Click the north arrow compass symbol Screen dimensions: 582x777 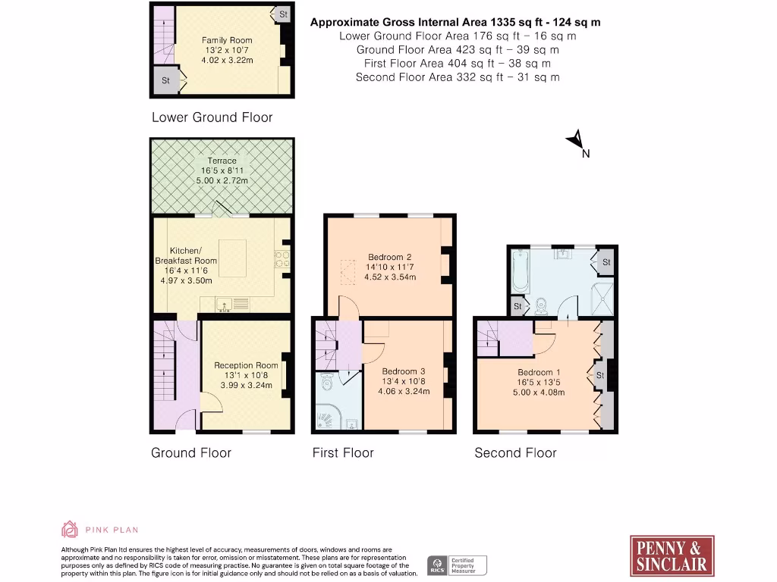click(x=576, y=140)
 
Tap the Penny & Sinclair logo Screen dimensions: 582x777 click(x=672, y=556)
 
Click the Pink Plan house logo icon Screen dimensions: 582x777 click(x=70, y=529)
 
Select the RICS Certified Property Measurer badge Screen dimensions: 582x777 click(x=458, y=565)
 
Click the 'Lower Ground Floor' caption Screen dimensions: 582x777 click(x=212, y=117)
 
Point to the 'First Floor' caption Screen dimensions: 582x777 click(x=343, y=453)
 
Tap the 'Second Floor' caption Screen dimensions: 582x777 click(x=515, y=453)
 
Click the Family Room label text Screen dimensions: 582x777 click(x=226, y=40)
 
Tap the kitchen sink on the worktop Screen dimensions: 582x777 click(x=225, y=305)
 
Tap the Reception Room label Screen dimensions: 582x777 click(x=246, y=365)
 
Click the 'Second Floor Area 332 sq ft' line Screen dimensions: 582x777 click(x=458, y=77)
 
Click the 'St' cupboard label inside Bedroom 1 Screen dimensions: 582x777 click(x=599, y=375)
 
